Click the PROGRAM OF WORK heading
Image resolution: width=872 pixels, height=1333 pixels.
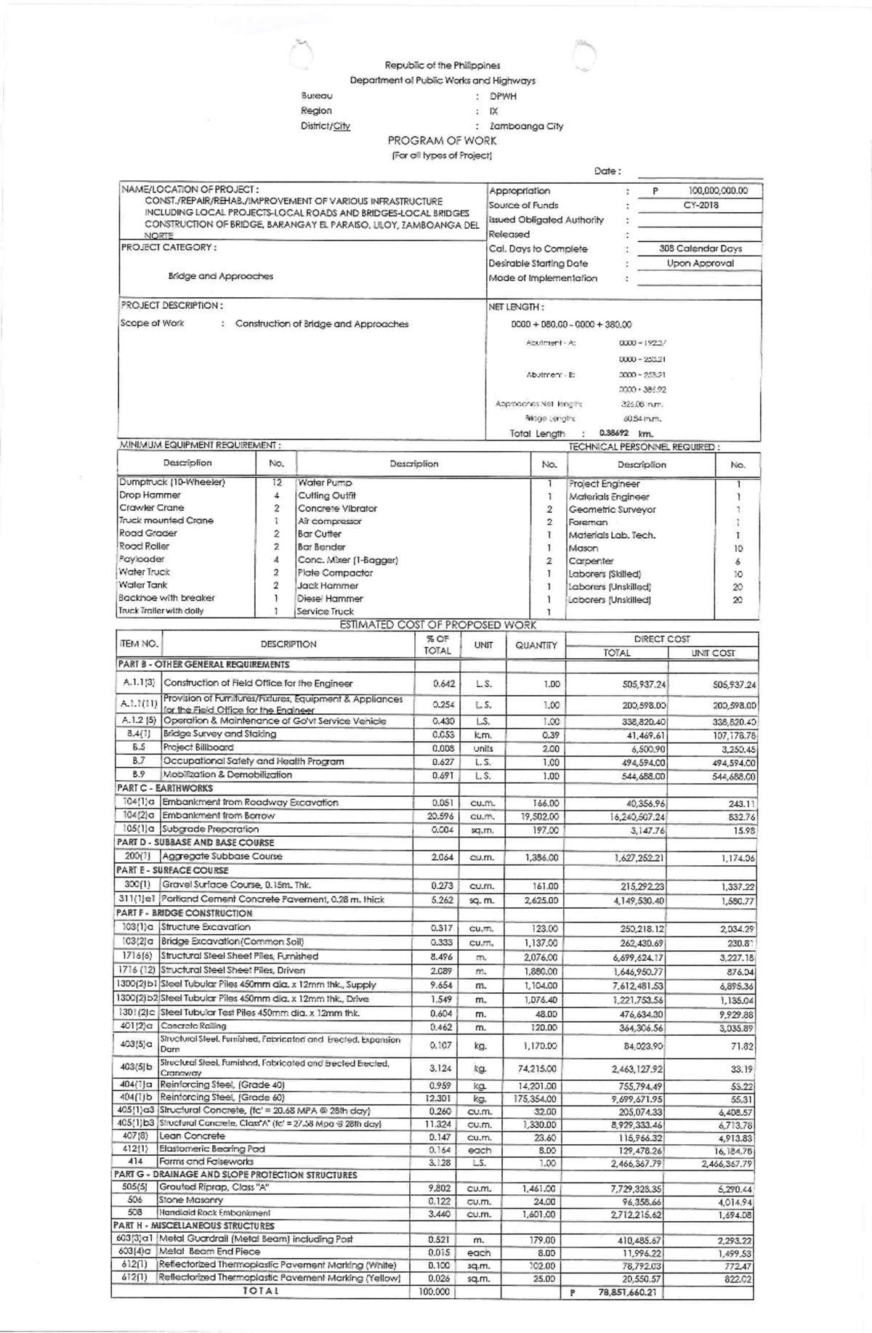point(442,141)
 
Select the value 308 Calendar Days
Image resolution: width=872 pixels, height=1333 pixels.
point(700,248)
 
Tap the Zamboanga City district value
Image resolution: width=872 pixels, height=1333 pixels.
point(526,126)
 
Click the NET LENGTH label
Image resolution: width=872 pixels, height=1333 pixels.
point(516,307)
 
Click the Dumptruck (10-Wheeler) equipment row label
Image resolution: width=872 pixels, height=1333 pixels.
point(172,482)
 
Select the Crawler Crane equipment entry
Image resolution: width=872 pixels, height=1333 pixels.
point(152,508)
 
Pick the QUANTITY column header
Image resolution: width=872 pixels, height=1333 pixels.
point(536,645)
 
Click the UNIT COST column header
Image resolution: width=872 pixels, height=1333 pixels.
point(713,653)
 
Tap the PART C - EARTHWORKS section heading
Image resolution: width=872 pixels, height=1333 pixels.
point(165,788)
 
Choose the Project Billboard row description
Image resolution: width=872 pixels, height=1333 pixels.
point(198,747)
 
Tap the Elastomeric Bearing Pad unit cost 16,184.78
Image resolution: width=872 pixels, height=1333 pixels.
point(734,1151)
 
